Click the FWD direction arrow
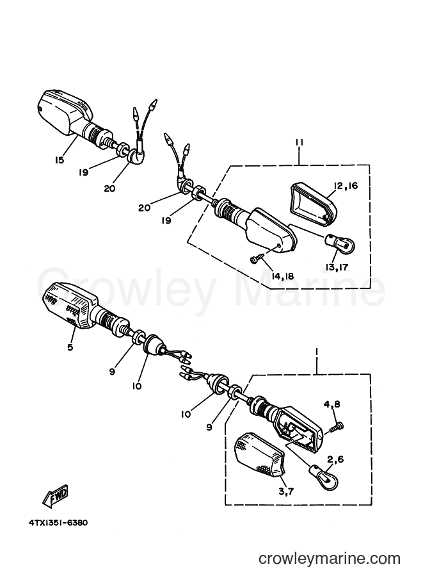[56, 495]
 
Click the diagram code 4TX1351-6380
[58, 523]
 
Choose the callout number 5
[70, 347]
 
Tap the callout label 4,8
[331, 404]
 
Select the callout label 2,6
[335, 460]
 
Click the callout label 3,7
[286, 491]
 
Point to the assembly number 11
[299, 142]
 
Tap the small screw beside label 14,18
[257, 258]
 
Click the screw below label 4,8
[337, 425]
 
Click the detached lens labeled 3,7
[260, 455]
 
